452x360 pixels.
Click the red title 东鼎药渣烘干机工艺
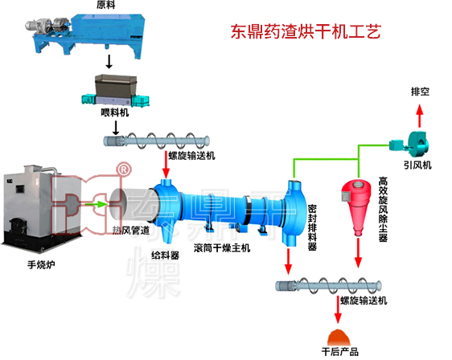pos(306,33)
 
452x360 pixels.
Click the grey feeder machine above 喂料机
pos(113,88)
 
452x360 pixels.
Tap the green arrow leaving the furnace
pos(96,204)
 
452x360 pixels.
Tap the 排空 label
pos(420,92)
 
